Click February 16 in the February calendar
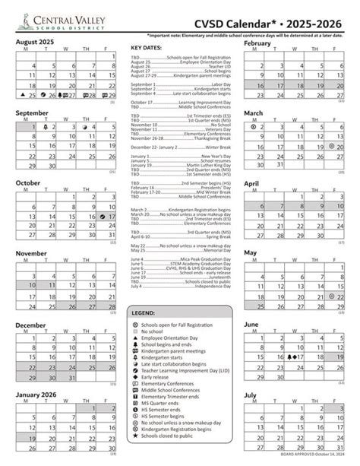tap(260, 87)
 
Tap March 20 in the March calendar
tap(337, 144)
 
